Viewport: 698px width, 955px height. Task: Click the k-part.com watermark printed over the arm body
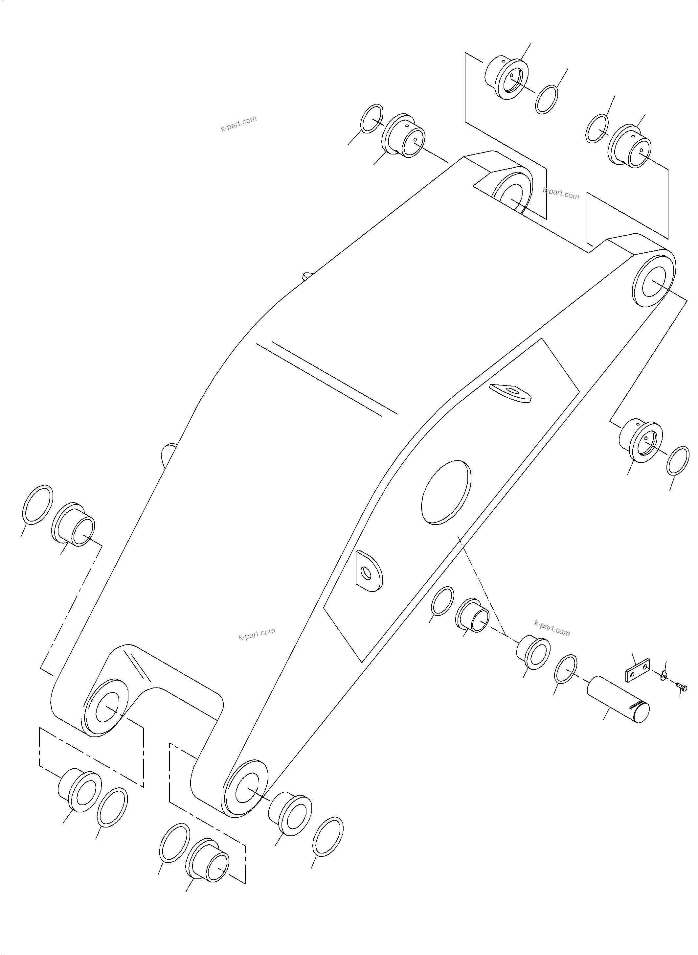pyautogui.click(x=257, y=634)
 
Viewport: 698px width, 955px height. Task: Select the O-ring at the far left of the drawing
pyautogui.click(x=37, y=505)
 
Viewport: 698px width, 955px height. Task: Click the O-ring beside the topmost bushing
pyautogui.click(x=546, y=100)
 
